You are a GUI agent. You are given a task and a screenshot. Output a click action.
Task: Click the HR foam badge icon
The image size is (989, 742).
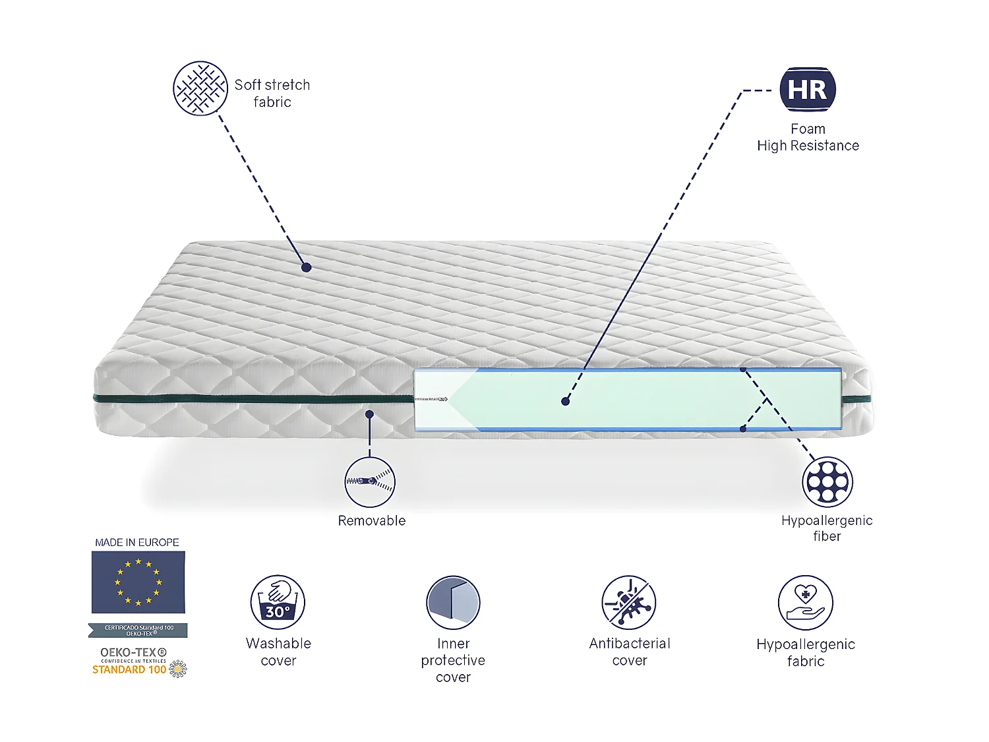[x=808, y=90]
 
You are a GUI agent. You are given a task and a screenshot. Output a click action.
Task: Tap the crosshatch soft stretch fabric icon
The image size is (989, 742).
[x=200, y=88]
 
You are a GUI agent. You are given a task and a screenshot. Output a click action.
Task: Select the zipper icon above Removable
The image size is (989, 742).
[x=370, y=482]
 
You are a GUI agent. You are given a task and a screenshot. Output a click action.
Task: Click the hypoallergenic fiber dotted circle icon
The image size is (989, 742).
[x=827, y=482]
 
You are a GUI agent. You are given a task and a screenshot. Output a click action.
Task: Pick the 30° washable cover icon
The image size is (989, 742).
[x=278, y=602]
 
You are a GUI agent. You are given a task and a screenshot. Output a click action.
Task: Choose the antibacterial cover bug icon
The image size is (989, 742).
[x=629, y=602]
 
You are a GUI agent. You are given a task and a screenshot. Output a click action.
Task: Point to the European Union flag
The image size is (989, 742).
[x=138, y=582]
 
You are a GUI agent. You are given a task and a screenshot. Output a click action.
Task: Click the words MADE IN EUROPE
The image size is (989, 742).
[x=137, y=542]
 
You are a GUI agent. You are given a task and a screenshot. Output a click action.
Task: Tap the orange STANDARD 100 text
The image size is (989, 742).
[x=129, y=669]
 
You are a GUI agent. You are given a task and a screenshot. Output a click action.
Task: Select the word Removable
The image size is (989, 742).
[x=371, y=520]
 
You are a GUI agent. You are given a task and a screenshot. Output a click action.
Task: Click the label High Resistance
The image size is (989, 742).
[x=808, y=146]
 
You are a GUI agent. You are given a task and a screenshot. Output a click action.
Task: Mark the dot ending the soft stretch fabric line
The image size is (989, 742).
[x=307, y=267]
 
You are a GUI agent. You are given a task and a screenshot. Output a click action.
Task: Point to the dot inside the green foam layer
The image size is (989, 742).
[x=566, y=401]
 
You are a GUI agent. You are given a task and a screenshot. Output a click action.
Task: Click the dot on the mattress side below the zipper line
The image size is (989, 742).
[x=370, y=414]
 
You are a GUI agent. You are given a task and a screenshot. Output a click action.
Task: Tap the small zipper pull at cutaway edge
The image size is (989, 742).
[x=432, y=399]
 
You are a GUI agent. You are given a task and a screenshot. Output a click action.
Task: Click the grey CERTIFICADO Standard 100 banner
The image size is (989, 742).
[x=138, y=631]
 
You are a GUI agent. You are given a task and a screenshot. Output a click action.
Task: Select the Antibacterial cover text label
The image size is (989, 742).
[x=630, y=652]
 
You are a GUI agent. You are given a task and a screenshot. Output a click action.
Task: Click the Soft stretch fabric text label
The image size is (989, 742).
[x=272, y=93]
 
